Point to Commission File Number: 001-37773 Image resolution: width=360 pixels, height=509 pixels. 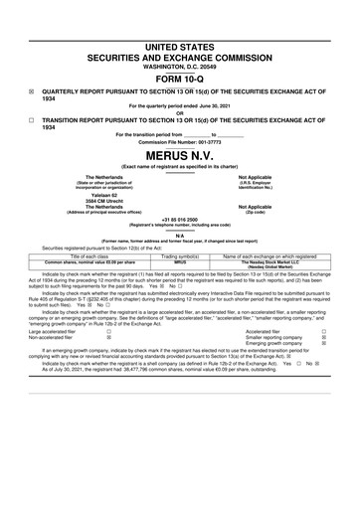point(179,141)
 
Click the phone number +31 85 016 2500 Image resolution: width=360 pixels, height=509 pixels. point(180,221)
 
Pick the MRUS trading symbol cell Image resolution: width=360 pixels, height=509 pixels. point(180,262)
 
